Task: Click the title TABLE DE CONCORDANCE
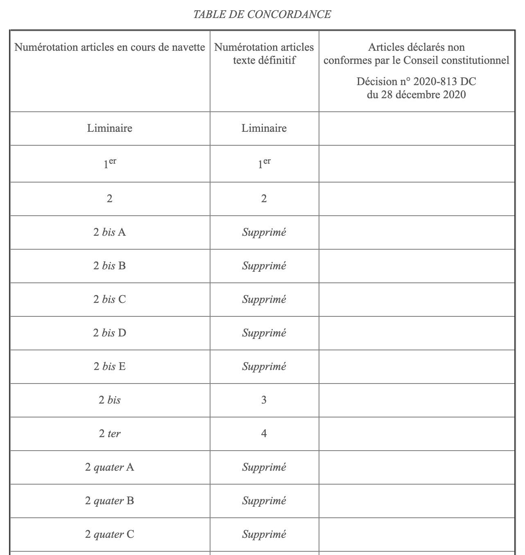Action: coord(262,15)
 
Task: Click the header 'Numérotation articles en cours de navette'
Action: coord(110,47)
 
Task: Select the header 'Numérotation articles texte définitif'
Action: coord(264,54)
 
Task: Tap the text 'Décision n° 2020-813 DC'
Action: coord(416,81)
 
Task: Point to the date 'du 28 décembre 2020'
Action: coord(416,95)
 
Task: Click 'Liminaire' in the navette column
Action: coord(110,128)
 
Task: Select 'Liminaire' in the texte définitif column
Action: coord(264,128)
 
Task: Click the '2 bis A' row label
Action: coord(110,232)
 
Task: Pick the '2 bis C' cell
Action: coord(110,299)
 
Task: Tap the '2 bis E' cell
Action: coord(110,366)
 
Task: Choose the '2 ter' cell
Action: coord(110,433)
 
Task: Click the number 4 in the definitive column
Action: coord(264,433)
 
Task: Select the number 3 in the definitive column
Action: coord(264,400)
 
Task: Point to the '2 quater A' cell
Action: coord(110,467)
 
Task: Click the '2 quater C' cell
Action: coord(110,534)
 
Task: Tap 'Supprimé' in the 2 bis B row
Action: coord(264,266)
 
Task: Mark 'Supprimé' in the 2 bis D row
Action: coord(264,333)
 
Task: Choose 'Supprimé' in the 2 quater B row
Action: coord(264,501)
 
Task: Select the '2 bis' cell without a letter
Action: coord(110,400)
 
